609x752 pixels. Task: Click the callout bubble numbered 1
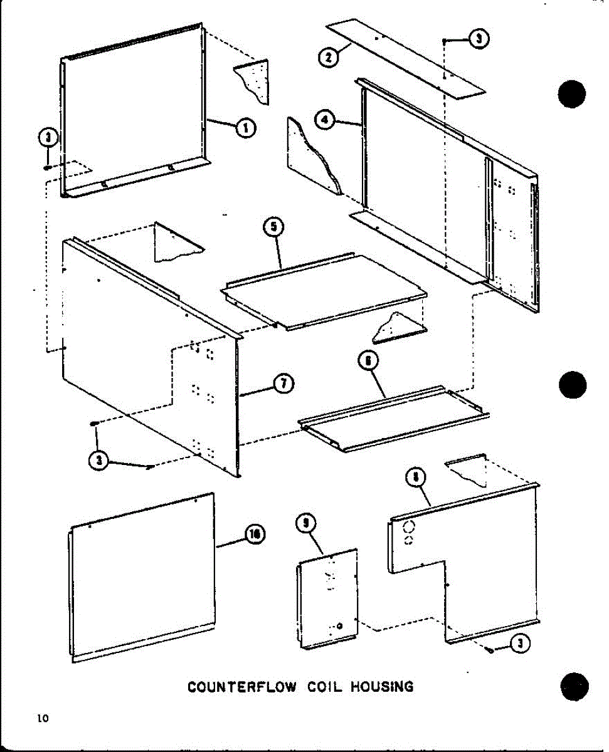(245, 128)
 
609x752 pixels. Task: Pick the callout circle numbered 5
(274, 227)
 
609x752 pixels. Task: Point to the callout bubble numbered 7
(284, 384)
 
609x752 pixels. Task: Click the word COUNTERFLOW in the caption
(242, 687)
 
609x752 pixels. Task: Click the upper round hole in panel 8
(408, 526)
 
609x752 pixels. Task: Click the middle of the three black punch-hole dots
(572, 384)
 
